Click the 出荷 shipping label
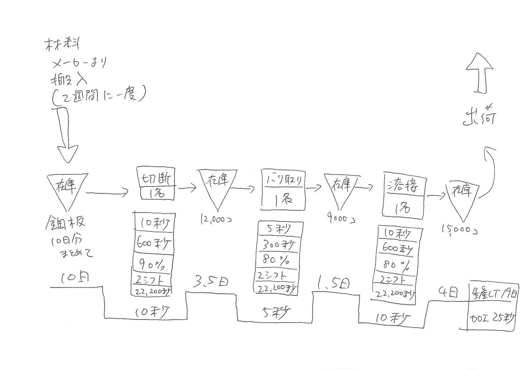pos(480,120)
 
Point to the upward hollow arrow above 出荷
pos(480,75)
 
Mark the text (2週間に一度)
pos(98,97)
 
